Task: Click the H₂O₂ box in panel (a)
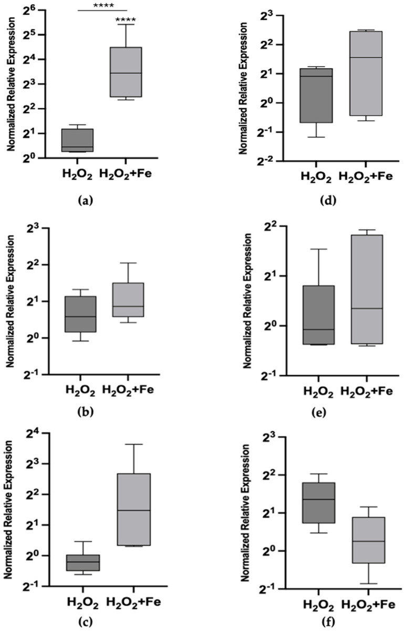[77, 140]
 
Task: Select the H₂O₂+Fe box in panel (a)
[126, 72]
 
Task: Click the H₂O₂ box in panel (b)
[80, 314]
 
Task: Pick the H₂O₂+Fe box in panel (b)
[128, 299]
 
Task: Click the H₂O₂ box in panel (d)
[316, 96]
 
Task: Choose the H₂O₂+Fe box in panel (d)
[366, 73]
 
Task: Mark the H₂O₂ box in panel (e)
[318, 315]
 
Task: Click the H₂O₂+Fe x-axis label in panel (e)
[367, 392]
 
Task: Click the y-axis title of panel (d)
[243, 88]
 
